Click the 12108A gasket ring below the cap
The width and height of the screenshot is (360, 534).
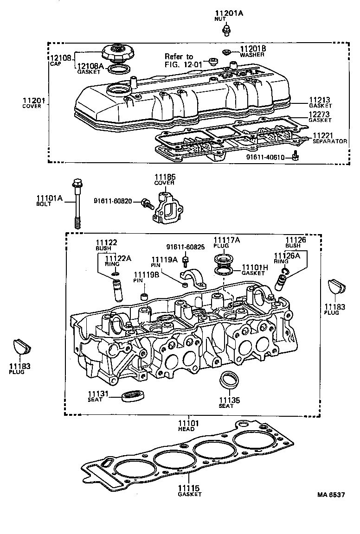[x=119, y=70]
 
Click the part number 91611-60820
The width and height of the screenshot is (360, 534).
[x=113, y=201]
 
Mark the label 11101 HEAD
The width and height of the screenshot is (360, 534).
[x=188, y=426]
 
